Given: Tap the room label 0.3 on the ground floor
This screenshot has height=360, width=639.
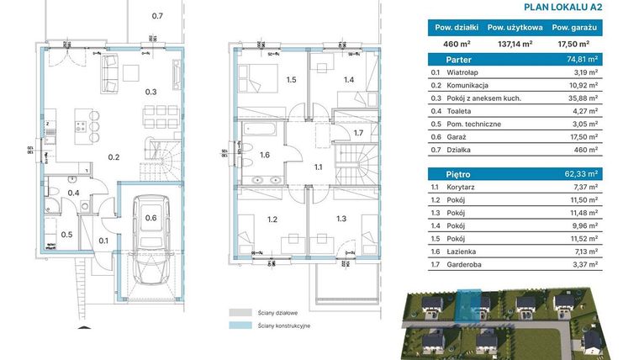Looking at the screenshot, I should pos(151,93).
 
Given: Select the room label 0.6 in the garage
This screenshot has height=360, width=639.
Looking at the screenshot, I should pos(151,218).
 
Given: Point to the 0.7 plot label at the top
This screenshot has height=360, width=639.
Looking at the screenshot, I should pos(157,16).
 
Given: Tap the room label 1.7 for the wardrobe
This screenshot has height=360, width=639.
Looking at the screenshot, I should pos(357,134).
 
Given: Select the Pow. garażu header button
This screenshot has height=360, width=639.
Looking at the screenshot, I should pos(574,26).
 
